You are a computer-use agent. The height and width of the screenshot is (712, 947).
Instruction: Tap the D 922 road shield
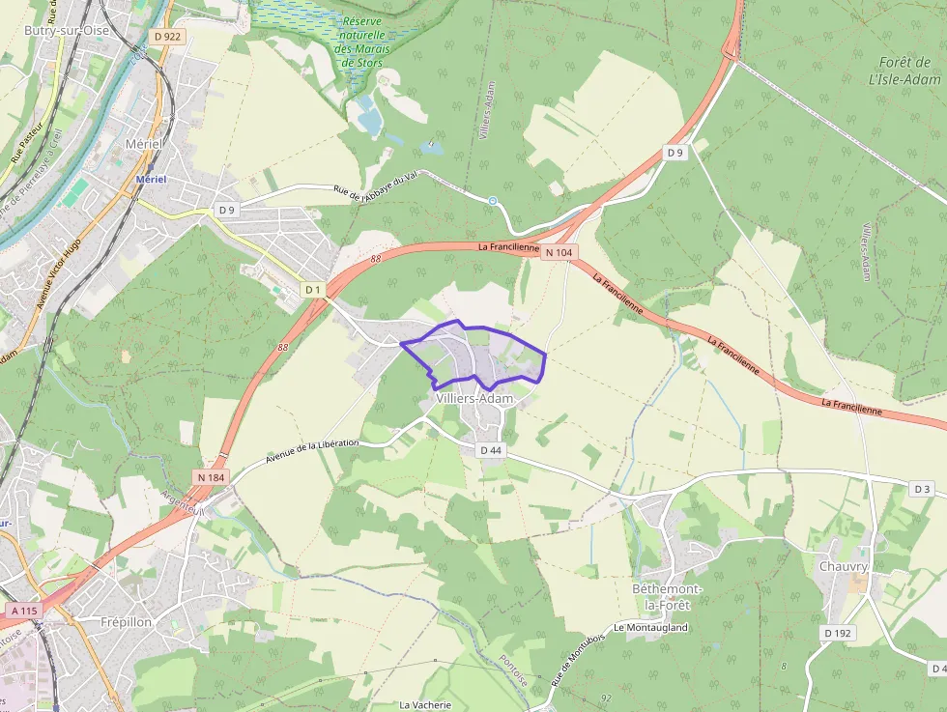pos(167,37)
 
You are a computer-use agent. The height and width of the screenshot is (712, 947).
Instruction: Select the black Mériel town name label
pos(145,143)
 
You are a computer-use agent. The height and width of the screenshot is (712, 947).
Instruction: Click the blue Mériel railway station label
pos(152,180)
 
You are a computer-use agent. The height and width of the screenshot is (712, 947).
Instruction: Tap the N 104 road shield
pos(559,253)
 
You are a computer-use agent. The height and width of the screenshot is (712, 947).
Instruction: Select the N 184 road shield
pos(211,476)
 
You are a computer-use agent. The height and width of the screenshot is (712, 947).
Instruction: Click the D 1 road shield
pos(312,289)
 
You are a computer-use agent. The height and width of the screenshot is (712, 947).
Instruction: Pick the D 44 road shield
pos(490,450)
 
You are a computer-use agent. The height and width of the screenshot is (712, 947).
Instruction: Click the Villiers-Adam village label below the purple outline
pos(474,398)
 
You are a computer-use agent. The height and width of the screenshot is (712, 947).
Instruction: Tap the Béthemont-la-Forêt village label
pos(668,596)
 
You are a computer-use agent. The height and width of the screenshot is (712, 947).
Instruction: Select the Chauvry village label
pos(844,566)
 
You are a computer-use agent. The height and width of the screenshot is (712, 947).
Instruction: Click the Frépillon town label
pos(127,622)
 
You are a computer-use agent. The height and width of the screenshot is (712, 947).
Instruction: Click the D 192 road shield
pos(839,633)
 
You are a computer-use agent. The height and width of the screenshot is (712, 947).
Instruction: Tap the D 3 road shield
pos(923,490)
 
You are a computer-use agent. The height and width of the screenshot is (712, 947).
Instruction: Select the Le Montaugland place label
pos(650,627)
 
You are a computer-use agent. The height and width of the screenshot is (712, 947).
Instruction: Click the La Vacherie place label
pos(425,704)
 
